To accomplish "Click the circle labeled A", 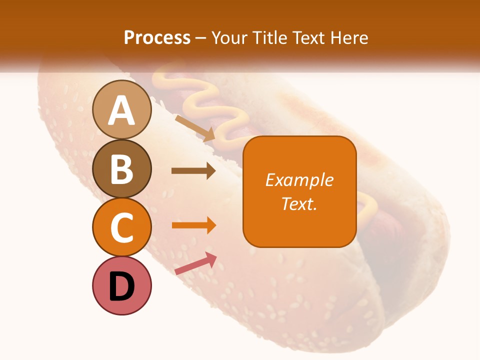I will coord(122,109).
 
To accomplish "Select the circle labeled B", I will coord(122,168).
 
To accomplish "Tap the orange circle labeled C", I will coord(122,227).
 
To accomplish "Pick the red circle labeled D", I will coord(122,285).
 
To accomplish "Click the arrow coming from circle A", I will coord(195,128).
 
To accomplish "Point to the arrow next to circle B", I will coord(193,171).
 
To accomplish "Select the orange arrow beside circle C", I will coord(194,225).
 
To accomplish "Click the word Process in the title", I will coord(157,37).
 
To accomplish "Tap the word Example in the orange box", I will coord(299,180).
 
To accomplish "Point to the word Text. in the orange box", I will coord(299,203).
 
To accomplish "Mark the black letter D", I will coord(122,287).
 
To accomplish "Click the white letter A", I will coord(122,110).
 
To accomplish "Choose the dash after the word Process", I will coord(200,38).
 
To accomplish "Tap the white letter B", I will coord(122,169).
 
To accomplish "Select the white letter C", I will coord(122,228).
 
